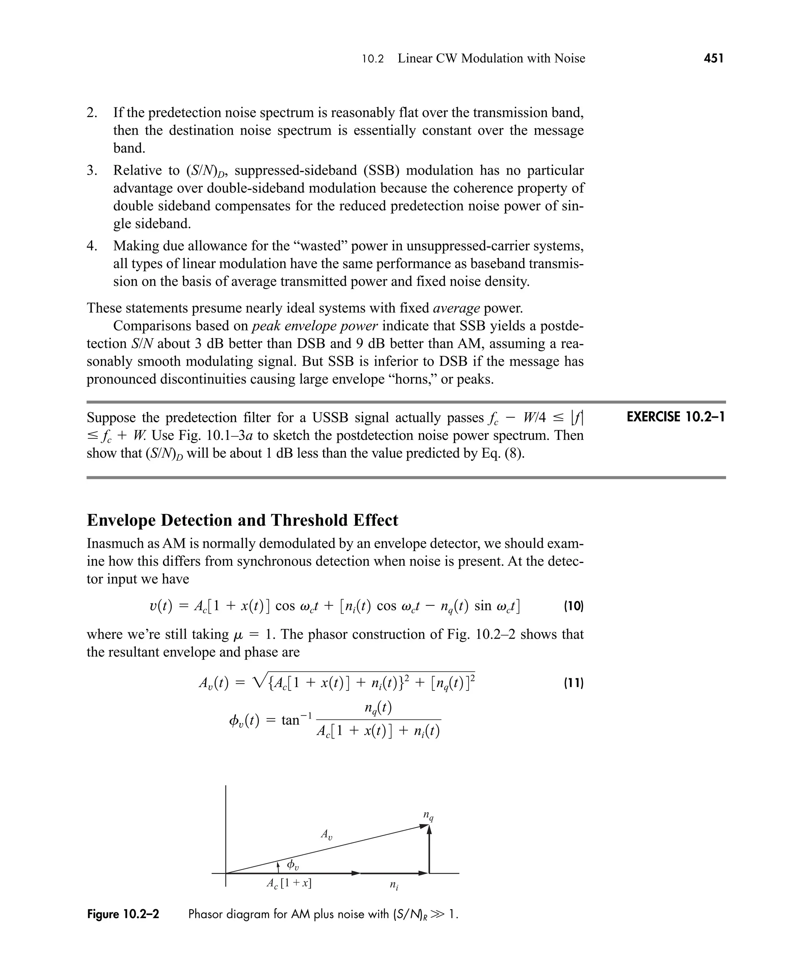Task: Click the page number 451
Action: coord(713,58)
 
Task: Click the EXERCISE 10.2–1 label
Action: coord(675,416)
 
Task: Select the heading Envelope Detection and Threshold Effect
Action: coord(242,520)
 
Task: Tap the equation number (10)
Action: coord(574,606)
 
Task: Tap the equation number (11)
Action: coord(574,683)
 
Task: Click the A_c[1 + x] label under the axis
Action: coord(289,883)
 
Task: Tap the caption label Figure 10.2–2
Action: coord(123,914)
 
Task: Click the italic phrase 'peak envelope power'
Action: coord(315,326)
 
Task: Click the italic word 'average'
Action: coord(456,308)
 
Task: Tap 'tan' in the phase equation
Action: coord(291,719)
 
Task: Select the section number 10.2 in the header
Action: coord(373,59)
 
